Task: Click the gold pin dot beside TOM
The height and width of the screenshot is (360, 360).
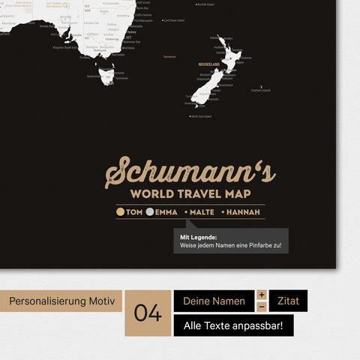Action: pyautogui.click(x=121, y=212)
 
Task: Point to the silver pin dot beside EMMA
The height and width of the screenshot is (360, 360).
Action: pyautogui.click(x=150, y=212)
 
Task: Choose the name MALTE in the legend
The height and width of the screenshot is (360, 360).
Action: pyautogui.click(x=202, y=212)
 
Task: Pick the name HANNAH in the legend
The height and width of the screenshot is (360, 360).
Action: pyautogui.click(x=244, y=212)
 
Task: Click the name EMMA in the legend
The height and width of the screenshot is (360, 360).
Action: pyautogui.click(x=166, y=212)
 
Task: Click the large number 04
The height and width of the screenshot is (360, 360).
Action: pyautogui.click(x=148, y=313)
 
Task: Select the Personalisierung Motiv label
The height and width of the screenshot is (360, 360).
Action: pyautogui.click(x=61, y=301)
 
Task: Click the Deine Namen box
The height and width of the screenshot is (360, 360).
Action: pyautogui.click(x=214, y=301)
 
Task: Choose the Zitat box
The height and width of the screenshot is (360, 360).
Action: pyautogui.click(x=288, y=301)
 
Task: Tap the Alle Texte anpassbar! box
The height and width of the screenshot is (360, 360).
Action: pyautogui.click(x=233, y=325)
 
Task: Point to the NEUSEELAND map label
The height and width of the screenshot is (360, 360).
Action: pyautogui.click(x=209, y=64)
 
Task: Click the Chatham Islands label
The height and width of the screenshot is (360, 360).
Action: pyautogui.click(x=261, y=91)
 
